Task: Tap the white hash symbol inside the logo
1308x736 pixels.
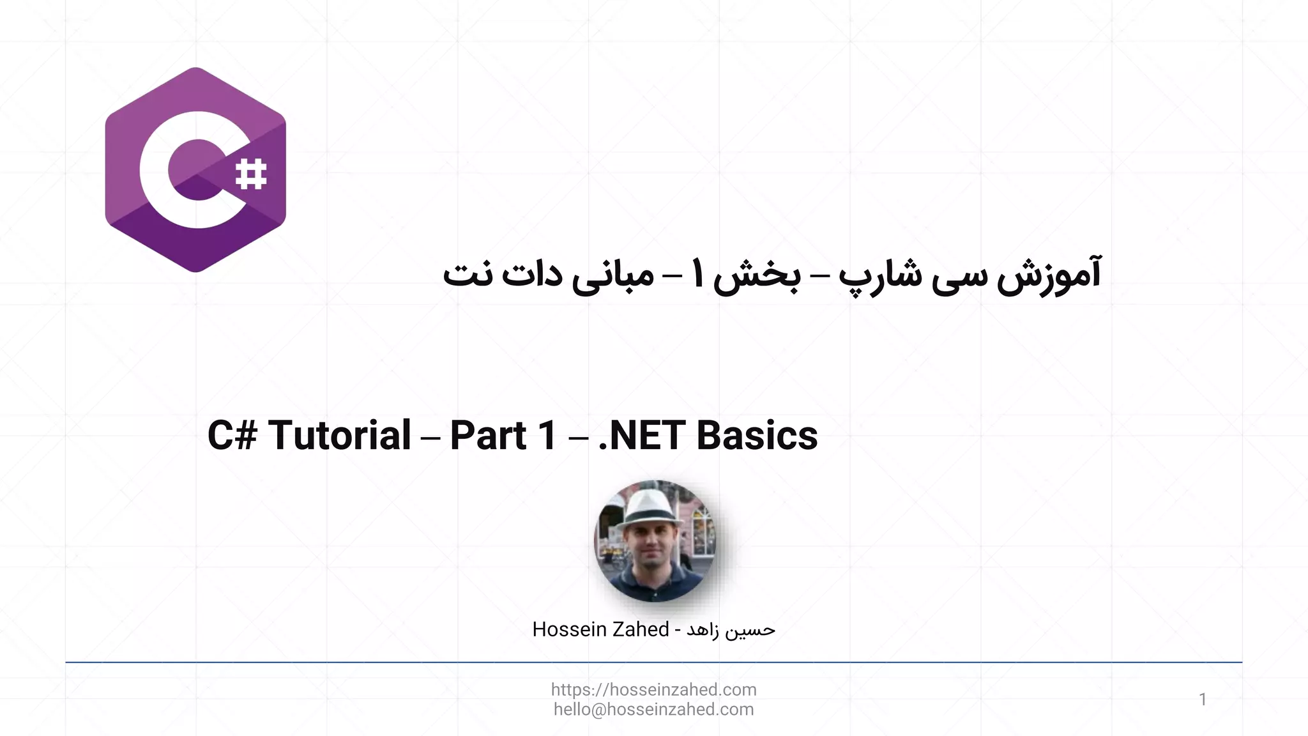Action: (251, 174)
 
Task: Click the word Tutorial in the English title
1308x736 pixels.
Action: (339, 436)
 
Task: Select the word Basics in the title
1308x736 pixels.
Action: (757, 436)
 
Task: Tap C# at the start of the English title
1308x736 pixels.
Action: (232, 436)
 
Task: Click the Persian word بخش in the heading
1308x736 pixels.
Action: (757, 276)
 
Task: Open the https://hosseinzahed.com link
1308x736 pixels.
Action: (653, 689)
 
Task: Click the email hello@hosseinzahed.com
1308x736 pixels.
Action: (653, 709)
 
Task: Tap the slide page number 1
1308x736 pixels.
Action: (1203, 700)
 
